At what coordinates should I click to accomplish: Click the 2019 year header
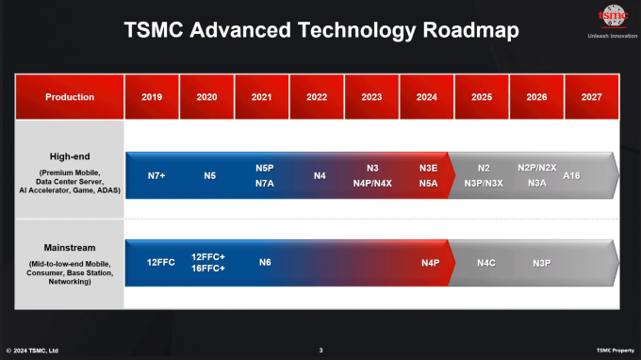point(152,96)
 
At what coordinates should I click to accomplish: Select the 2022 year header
point(318,96)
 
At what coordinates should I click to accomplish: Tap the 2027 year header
point(592,96)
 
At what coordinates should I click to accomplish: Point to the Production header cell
point(70,96)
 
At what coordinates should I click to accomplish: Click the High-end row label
point(70,156)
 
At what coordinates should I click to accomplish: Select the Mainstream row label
point(70,248)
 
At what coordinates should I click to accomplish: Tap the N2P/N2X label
point(537,167)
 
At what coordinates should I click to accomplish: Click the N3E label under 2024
point(428,167)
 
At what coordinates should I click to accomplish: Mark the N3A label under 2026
point(537,183)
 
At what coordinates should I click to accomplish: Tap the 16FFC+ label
point(207,270)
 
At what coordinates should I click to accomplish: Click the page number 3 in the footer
point(320,351)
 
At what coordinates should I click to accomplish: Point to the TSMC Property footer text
point(615,351)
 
